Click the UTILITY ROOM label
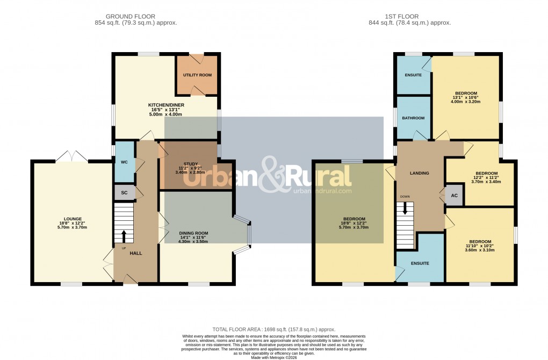pos(197,75)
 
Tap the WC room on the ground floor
pos(124,161)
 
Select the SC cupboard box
pos(124,192)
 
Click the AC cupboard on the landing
pos(454,196)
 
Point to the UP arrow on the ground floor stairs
pos(124,236)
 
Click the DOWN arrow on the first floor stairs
pos(405,207)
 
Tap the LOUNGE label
pos(73,219)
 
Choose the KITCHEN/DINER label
pos(166,104)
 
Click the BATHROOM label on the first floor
pos(413,118)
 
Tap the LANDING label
pos(419,173)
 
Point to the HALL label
pos(135,253)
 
